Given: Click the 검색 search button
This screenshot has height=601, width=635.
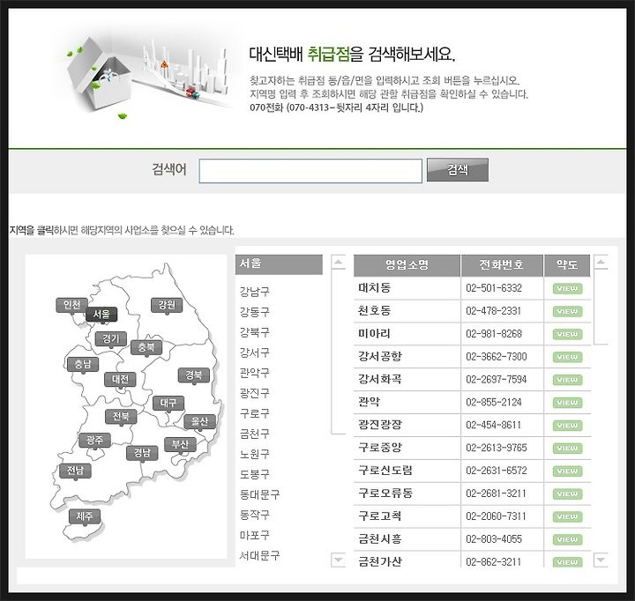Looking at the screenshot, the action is (x=457, y=170).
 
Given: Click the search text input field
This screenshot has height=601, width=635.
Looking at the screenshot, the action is (x=310, y=171).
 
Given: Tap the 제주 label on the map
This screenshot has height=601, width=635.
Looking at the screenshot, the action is (x=86, y=516).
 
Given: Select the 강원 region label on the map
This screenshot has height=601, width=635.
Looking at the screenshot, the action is (x=166, y=305).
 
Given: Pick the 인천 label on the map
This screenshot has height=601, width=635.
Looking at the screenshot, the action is (x=71, y=305).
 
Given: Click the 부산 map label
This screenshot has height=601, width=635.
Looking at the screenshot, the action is (x=180, y=444).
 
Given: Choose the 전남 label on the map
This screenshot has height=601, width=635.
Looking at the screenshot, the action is (x=74, y=471).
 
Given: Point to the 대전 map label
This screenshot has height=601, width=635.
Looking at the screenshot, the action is (x=120, y=379).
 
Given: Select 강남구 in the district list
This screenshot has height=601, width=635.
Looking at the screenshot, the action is (x=254, y=291).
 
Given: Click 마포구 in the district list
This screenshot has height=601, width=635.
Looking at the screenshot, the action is (x=254, y=535).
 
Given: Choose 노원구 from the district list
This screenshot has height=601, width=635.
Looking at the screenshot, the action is (x=254, y=454).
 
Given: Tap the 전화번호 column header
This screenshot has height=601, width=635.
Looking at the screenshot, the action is (x=501, y=265).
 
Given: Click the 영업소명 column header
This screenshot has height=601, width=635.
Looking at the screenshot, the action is (x=407, y=265).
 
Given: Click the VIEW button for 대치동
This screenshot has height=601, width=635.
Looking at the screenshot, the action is (x=567, y=288).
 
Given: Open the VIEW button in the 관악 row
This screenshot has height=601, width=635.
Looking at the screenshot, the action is (x=567, y=403).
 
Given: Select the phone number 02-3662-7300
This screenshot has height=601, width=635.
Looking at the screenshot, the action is (x=496, y=357).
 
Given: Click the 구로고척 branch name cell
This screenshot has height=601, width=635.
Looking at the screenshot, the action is (x=380, y=516).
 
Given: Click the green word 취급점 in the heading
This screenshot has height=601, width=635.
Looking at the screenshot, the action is (x=327, y=54).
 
